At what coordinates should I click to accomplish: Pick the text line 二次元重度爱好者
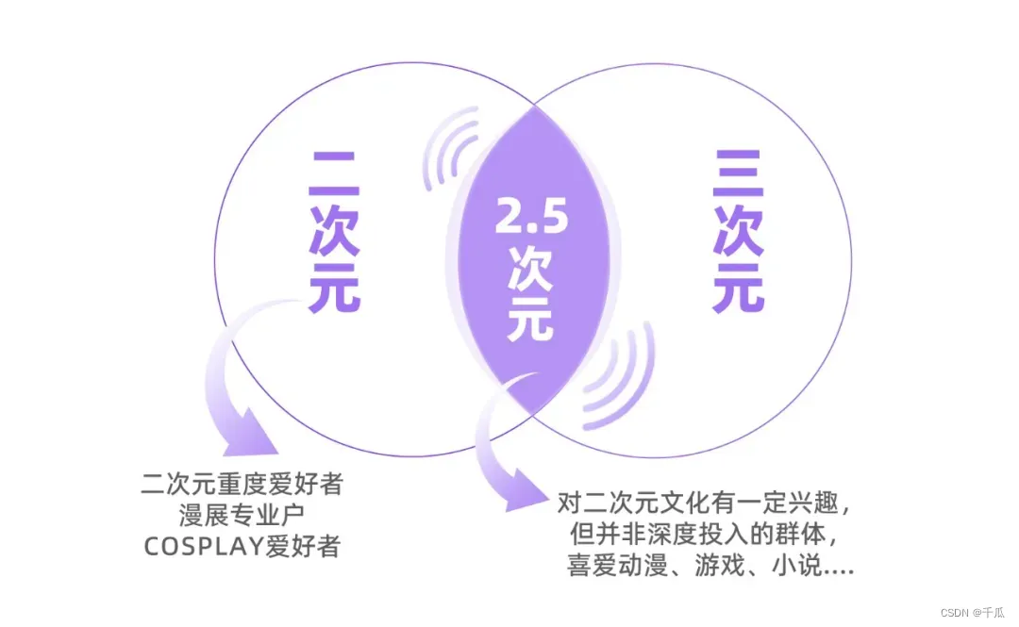(242, 487)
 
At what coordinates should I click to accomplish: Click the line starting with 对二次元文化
(706, 503)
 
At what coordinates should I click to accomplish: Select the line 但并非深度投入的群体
(706, 536)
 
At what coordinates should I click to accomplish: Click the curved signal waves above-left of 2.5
(451, 151)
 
